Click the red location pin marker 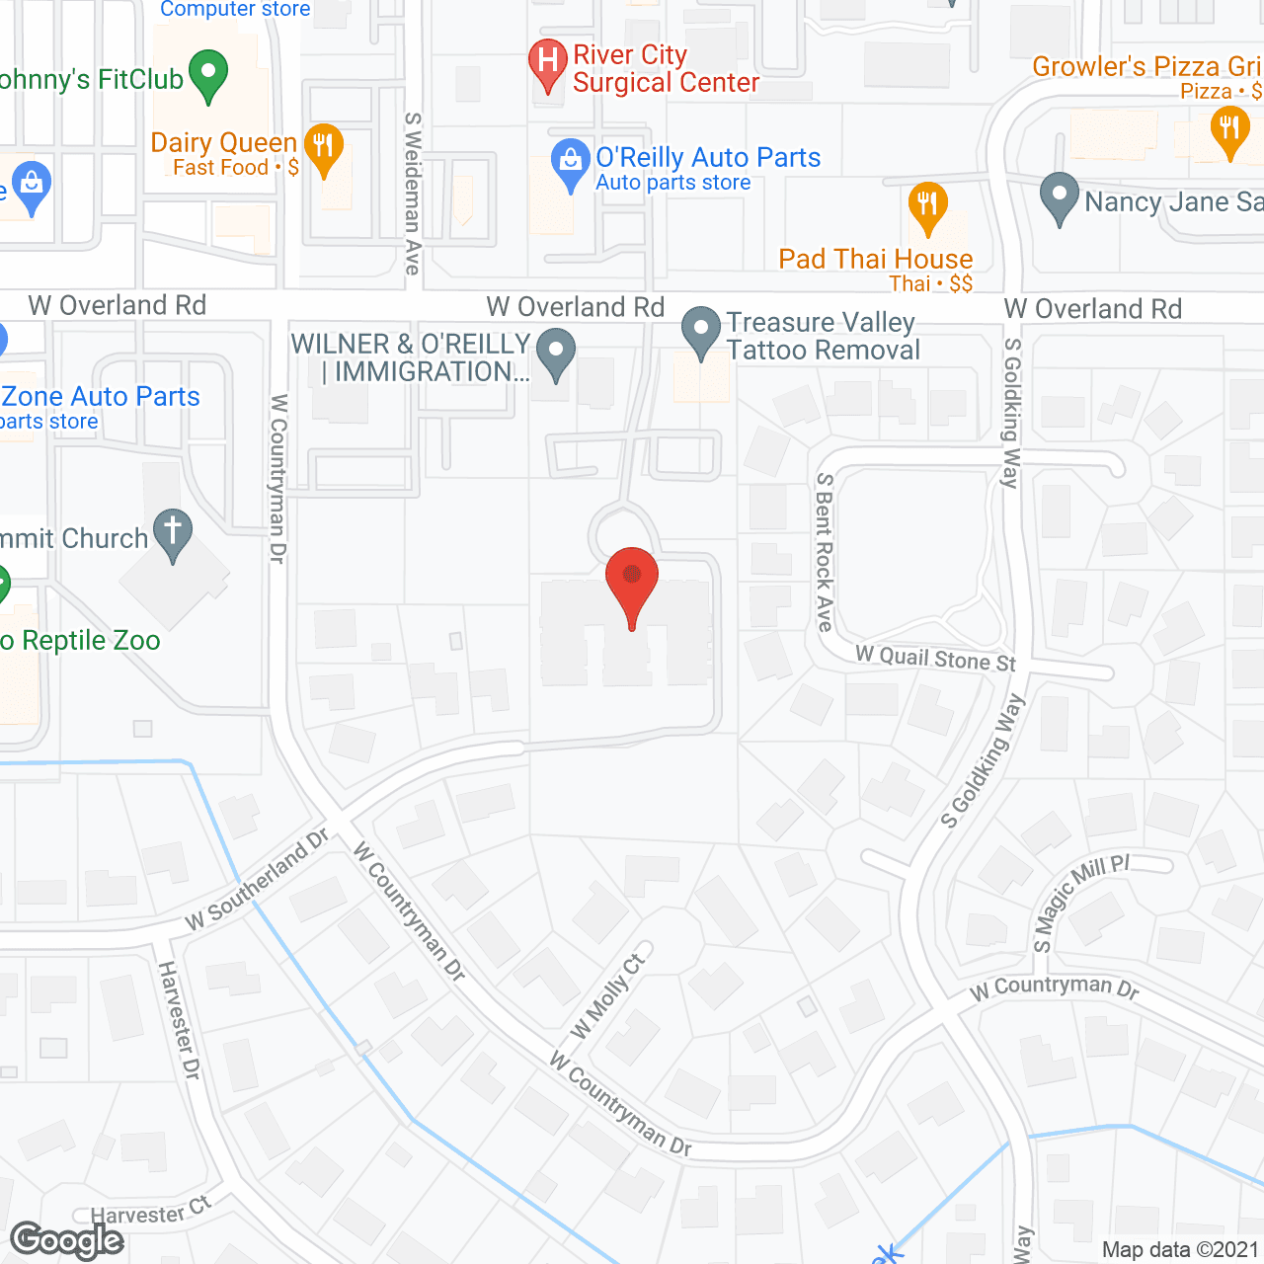click(632, 578)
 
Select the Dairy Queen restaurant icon click(323, 147)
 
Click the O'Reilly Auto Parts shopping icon click(570, 163)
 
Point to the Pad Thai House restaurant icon click(927, 204)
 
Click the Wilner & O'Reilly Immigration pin click(557, 354)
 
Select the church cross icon click(173, 532)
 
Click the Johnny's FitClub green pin click(208, 74)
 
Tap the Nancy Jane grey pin click(1059, 196)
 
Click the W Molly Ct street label click(608, 996)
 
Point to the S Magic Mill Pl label click(1080, 903)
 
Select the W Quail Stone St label click(935, 659)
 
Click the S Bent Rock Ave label click(825, 552)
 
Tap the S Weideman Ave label click(413, 193)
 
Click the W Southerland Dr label click(258, 879)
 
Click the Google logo click(67, 1240)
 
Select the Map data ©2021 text click(1180, 1249)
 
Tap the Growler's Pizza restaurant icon click(1229, 129)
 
